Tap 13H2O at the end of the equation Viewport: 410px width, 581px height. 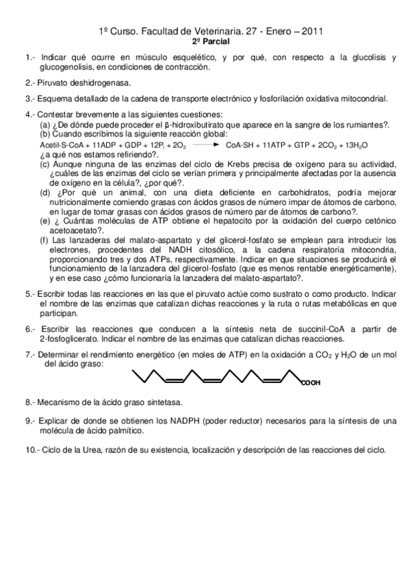tap(356, 146)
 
